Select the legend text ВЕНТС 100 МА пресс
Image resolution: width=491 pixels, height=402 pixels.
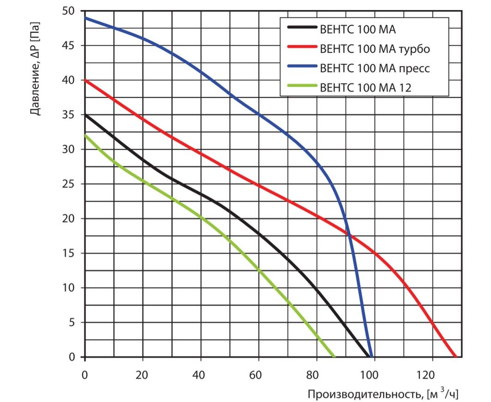click(375, 68)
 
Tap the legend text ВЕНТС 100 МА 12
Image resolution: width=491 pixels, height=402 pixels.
click(365, 87)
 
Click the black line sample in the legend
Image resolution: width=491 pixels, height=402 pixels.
click(302, 29)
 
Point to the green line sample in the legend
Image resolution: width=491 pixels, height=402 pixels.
click(302, 86)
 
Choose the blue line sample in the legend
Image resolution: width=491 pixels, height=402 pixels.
click(302, 67)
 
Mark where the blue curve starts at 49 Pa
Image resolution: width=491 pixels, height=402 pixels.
click(85, 18)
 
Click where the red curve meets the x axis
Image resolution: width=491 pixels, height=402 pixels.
click(456, 357)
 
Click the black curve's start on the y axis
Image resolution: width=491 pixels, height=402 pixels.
click(85, 115)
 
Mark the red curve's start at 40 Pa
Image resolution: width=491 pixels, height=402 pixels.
click(85, 80)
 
